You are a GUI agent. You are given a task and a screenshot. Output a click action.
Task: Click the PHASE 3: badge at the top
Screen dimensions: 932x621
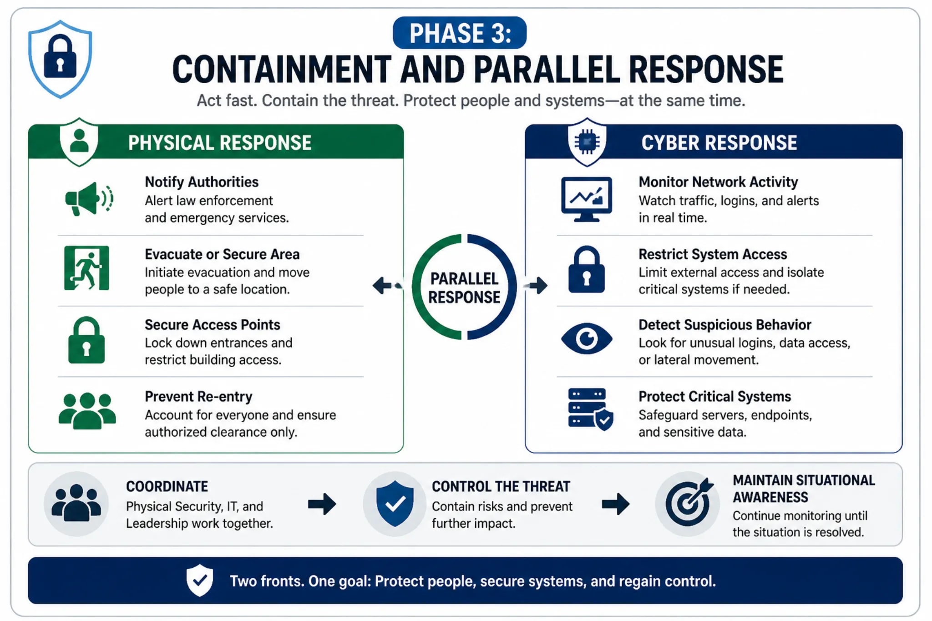click(460, 33)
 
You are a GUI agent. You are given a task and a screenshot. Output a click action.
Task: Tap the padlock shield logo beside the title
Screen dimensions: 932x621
click(60, 59)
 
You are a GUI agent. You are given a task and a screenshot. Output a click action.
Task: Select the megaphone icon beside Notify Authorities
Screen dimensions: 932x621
click(89, 199)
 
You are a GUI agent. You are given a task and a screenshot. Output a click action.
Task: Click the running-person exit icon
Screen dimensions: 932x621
click(86, 268)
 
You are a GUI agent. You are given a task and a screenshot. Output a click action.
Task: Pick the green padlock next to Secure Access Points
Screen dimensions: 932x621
click(86, 340)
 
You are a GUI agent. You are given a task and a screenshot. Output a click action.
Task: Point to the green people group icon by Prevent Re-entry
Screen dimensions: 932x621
click(87, 411)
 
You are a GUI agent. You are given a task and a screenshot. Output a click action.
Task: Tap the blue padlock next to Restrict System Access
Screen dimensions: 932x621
click(587, 269)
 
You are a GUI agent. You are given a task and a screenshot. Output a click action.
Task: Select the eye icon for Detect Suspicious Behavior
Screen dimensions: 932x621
click(587, 339)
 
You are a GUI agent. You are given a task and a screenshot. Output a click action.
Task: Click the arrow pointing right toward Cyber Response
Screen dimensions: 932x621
click(536, 286)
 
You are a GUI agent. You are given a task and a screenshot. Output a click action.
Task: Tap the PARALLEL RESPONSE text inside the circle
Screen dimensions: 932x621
click(464, 288)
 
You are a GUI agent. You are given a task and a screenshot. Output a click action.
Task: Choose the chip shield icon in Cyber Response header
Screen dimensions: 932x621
click(587, 142)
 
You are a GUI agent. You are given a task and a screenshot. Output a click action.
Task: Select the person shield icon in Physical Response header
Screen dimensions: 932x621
click(79, 142)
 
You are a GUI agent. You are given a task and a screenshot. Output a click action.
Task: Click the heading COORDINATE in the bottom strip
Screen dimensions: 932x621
click(167, 486)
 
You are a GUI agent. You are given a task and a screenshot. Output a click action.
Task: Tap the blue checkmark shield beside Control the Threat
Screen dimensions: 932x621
click(395, 504)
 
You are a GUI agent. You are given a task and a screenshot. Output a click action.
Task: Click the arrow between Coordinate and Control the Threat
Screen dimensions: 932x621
click(322, 504)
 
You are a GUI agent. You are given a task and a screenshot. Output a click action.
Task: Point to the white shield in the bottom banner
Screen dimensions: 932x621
click(200, 580)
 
